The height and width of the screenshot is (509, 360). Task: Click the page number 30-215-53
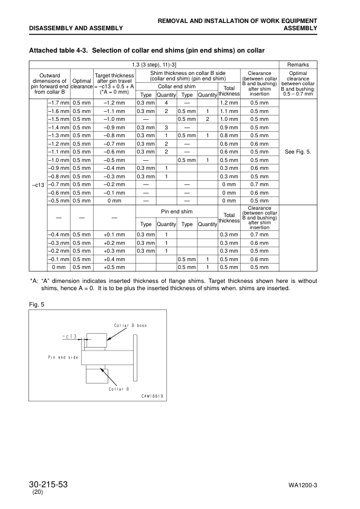pyautogui.click(x=56, y=485)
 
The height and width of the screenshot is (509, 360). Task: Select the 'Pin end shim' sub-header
pyautogui.click(x=176, y=212)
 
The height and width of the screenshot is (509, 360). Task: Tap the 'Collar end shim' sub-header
pyautogui.click(x=176, y=86)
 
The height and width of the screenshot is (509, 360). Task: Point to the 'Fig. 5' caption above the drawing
pyautogui.click(x=38, y=303)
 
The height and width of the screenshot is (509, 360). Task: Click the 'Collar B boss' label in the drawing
pyautogui.click(x=130, y=326)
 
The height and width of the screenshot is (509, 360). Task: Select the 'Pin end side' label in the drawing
pyautogui.click(x=64, y=357)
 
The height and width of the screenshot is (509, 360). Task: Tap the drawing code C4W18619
pyautogui.click(x=152, y=397)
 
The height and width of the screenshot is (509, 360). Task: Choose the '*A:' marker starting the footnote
pyautogui.click(x=34, y=281)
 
